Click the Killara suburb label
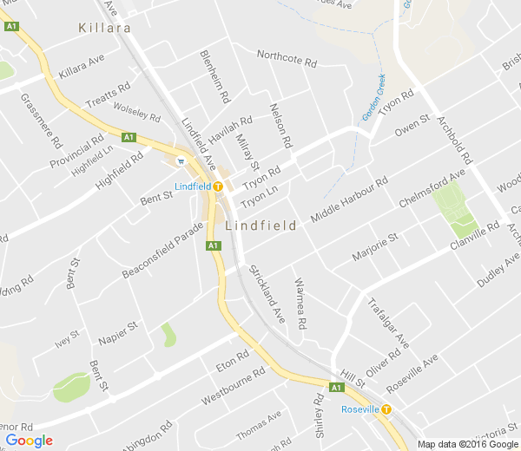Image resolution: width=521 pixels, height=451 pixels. pyautogui.click(x=104, y=28)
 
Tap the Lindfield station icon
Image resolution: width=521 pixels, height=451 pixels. pyautogui.click(x=219, y=186)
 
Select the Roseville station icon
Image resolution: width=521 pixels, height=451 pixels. pyautogui.click(x=386, y=409)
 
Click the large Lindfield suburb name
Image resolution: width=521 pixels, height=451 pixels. pyautogui.click(x=260, y=225)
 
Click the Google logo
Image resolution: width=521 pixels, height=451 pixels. pyautogui.click(x=28, y=441)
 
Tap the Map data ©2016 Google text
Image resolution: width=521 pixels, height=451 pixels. pyautogui.click(x=467, y=444)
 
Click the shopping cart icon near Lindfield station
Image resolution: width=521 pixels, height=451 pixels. pyautogui.click(x=180, y=160)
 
